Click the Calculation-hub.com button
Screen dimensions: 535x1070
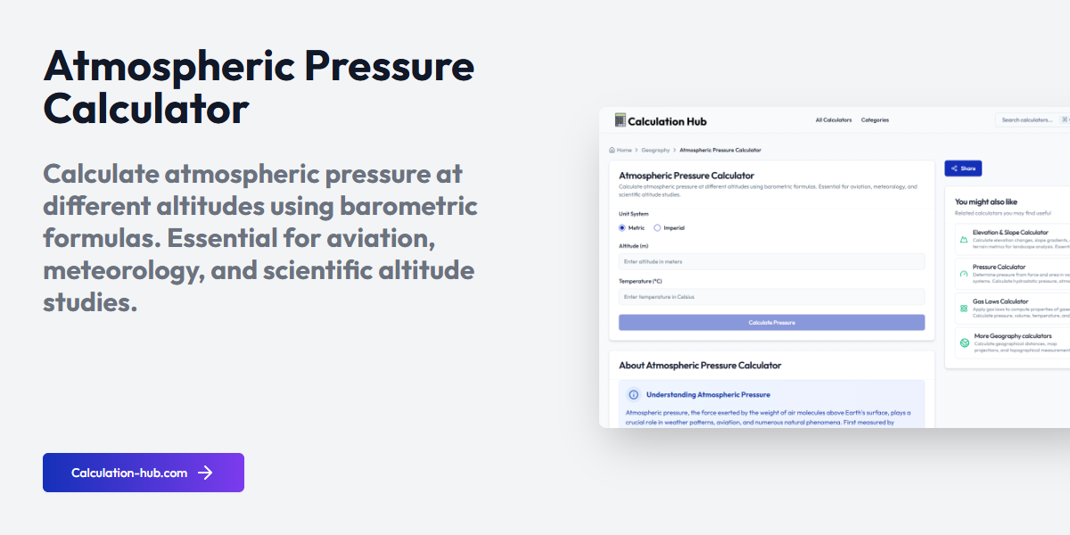pyautogui.click(x=143, y=473)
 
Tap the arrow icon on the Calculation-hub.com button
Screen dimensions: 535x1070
pyautogui.click(x=206, y=473)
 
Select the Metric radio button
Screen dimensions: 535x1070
pyautogui.click(x=622, y=228)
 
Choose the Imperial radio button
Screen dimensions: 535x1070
pyautogui.click(x=657, y=228)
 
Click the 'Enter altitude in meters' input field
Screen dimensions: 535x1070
pyautogui.click(x=771, y=262)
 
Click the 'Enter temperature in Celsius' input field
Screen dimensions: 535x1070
pyautogui.click(x=771, y=297)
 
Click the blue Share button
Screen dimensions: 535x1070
pyautogui.click(x=963, y=169)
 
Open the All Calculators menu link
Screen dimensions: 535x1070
pyautogui.click(x=834, y=120)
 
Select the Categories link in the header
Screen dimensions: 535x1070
pyautogui.click(x=875, y=120)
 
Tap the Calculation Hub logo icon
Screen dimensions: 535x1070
pyautogui.click(x=621, y=120)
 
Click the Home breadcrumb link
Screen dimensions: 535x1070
pyautogui.click(x=621, y=151)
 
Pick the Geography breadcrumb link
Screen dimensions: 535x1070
pyautogui.click(x=655, y=151)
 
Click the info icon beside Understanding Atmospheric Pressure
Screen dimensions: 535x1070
pyautogui.click(x=633, y=394)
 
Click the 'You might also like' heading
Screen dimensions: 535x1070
pyautogui.click(x=985, y=202)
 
